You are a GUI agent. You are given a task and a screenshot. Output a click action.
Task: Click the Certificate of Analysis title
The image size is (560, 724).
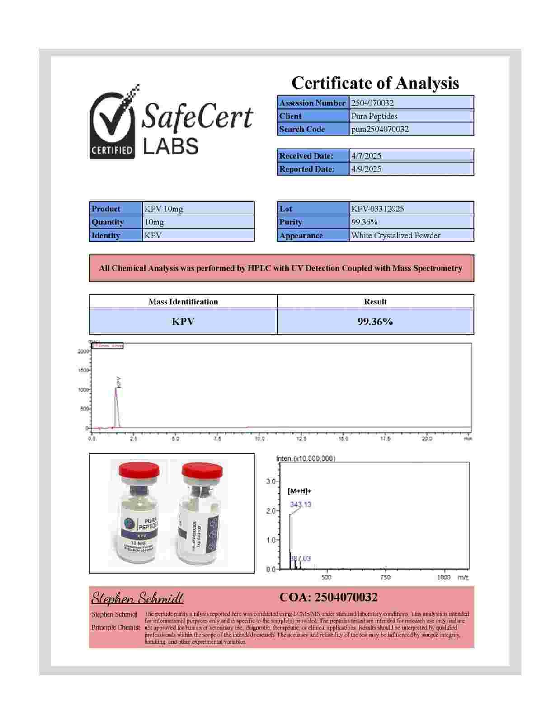coord(375,83)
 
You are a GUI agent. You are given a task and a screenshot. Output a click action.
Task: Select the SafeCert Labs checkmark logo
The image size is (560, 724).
coord(113,122)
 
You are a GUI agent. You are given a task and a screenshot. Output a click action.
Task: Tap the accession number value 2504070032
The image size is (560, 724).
coord(372,103)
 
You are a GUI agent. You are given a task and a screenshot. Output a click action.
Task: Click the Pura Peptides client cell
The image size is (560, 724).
coord(374,116)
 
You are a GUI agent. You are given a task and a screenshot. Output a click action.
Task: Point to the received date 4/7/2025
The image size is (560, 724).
coord(366,156)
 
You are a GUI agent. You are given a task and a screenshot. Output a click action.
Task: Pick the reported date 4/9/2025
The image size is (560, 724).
coord(366,169)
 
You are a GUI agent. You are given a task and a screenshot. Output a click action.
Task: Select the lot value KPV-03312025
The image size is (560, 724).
coord(377,209)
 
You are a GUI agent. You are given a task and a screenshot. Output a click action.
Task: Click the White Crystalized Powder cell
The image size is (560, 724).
coord(395,235)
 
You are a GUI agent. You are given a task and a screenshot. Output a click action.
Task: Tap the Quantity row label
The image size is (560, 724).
coord(108,222)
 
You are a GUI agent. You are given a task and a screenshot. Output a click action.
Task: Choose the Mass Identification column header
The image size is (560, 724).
coord(183,302)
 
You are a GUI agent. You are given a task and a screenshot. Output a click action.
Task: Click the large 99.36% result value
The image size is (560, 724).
coord(375,322)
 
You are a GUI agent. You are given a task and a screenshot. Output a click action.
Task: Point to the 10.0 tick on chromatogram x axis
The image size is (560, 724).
coord(259,439)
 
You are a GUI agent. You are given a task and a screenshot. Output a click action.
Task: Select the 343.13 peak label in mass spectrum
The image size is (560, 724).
coord(301,504)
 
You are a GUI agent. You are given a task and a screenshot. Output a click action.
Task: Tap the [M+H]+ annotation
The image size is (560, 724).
coord(299,491)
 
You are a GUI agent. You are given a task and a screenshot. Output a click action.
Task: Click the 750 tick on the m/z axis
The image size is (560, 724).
coord(385,577)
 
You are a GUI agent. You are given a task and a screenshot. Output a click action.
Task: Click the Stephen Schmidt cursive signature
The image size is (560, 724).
coord(137,598)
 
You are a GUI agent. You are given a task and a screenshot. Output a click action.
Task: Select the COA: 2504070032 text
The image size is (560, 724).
coord(328,598)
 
